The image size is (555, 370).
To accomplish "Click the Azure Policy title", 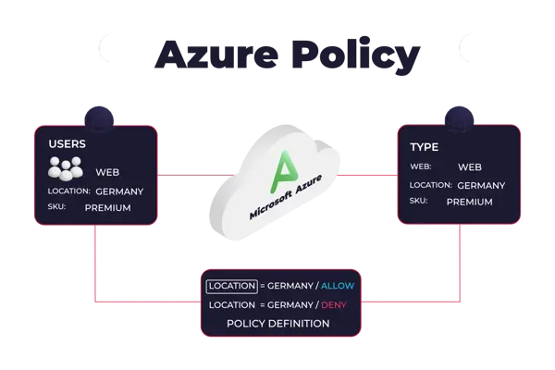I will pyautogui.click(x=287, y=55).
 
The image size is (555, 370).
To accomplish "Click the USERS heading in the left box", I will pyautogui.click(x=68, y=145).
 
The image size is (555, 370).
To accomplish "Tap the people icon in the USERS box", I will pyautogui.click(x=66, y=169).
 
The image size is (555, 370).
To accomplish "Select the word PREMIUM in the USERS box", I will pyautogui.click(x=107, y=208).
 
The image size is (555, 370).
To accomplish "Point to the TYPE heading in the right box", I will pyautogui.click(x=424, y=147).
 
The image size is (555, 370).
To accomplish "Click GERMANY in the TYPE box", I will pyautogui.click(x=481, y=185).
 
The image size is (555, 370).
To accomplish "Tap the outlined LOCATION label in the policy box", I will pyautogui.click(x=230, y=287).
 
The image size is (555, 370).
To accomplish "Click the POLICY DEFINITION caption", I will pyautogui.click(x=277, y=324).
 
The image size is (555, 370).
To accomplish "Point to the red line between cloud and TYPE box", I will pyautogui.click(x=366, y=174).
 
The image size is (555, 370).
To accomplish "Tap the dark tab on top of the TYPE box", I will pyautogui.click(x=460, y=116).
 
